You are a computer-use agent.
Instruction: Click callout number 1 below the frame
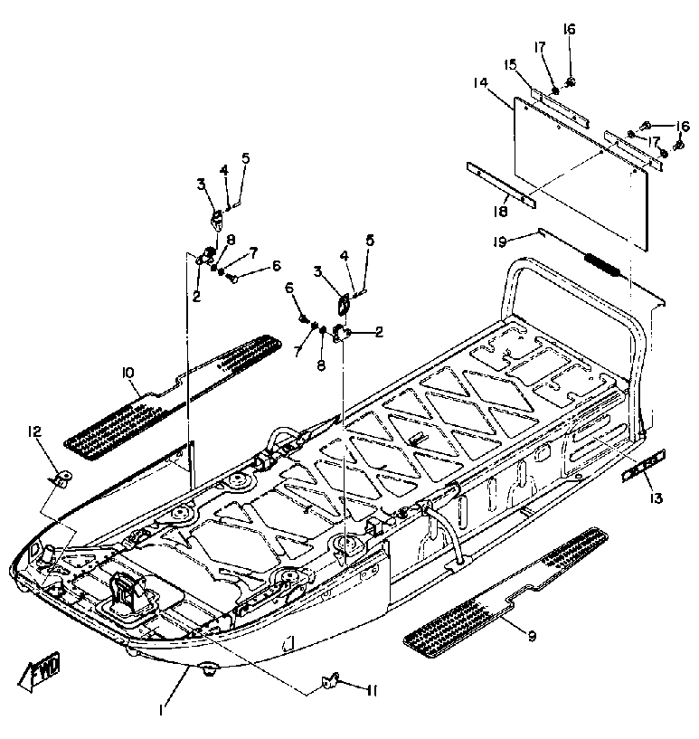(161, 710)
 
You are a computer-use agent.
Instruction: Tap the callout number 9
(532, 636)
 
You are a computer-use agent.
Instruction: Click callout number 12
(35, 433)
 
